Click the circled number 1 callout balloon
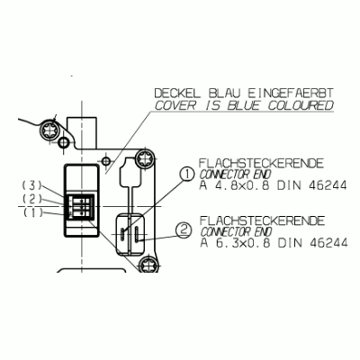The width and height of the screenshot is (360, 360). coord(186,175)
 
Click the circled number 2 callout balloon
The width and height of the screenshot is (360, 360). coord(183,230)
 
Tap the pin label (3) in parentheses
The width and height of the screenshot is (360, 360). coord(31,185)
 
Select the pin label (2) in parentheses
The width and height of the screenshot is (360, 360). coord(31,199)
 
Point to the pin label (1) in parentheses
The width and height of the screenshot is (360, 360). coord(32,212)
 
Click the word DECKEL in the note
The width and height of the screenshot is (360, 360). coord(177,94)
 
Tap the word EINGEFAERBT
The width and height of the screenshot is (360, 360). coord(291,94)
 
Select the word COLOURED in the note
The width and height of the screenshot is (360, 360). coord(301,105)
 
